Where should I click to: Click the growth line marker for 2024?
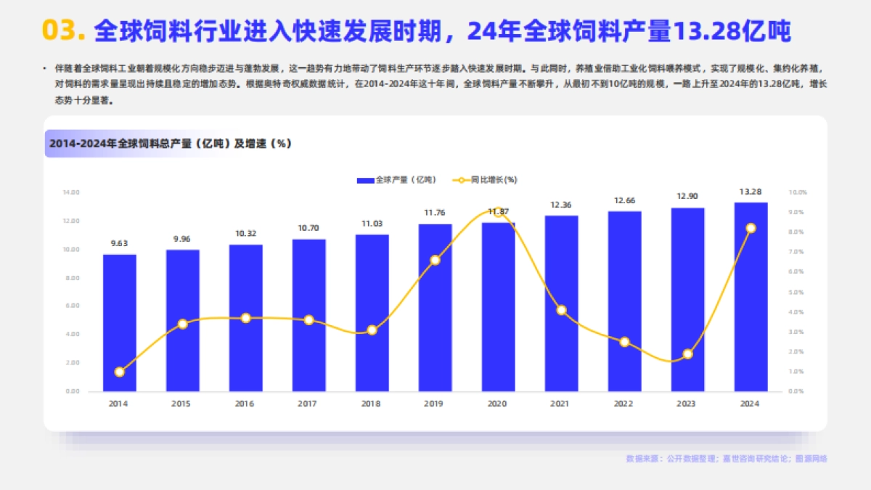click(x=751, y=228)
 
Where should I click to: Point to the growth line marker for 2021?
click(x=561, y=310)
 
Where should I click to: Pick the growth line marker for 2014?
click(x=120, y=372)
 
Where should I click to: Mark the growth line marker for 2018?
click(x=372, y=330)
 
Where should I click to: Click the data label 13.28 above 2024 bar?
click(x=751, y=192)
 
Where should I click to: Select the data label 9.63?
click(x=120, y=243)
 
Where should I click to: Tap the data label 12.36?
click(x=561, y=205)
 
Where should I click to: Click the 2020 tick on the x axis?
click(x=497, y=404)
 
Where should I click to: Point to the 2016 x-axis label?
click(x=245, y=404)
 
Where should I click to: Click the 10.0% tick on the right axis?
click(x=797, y=192)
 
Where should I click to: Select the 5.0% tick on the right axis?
click(x=797, y=292)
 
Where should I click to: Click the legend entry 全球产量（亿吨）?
click(x=398, y=179)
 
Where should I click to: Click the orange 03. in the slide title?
click(x=65, y=30)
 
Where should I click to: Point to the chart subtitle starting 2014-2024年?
click(x=170, y=144)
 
